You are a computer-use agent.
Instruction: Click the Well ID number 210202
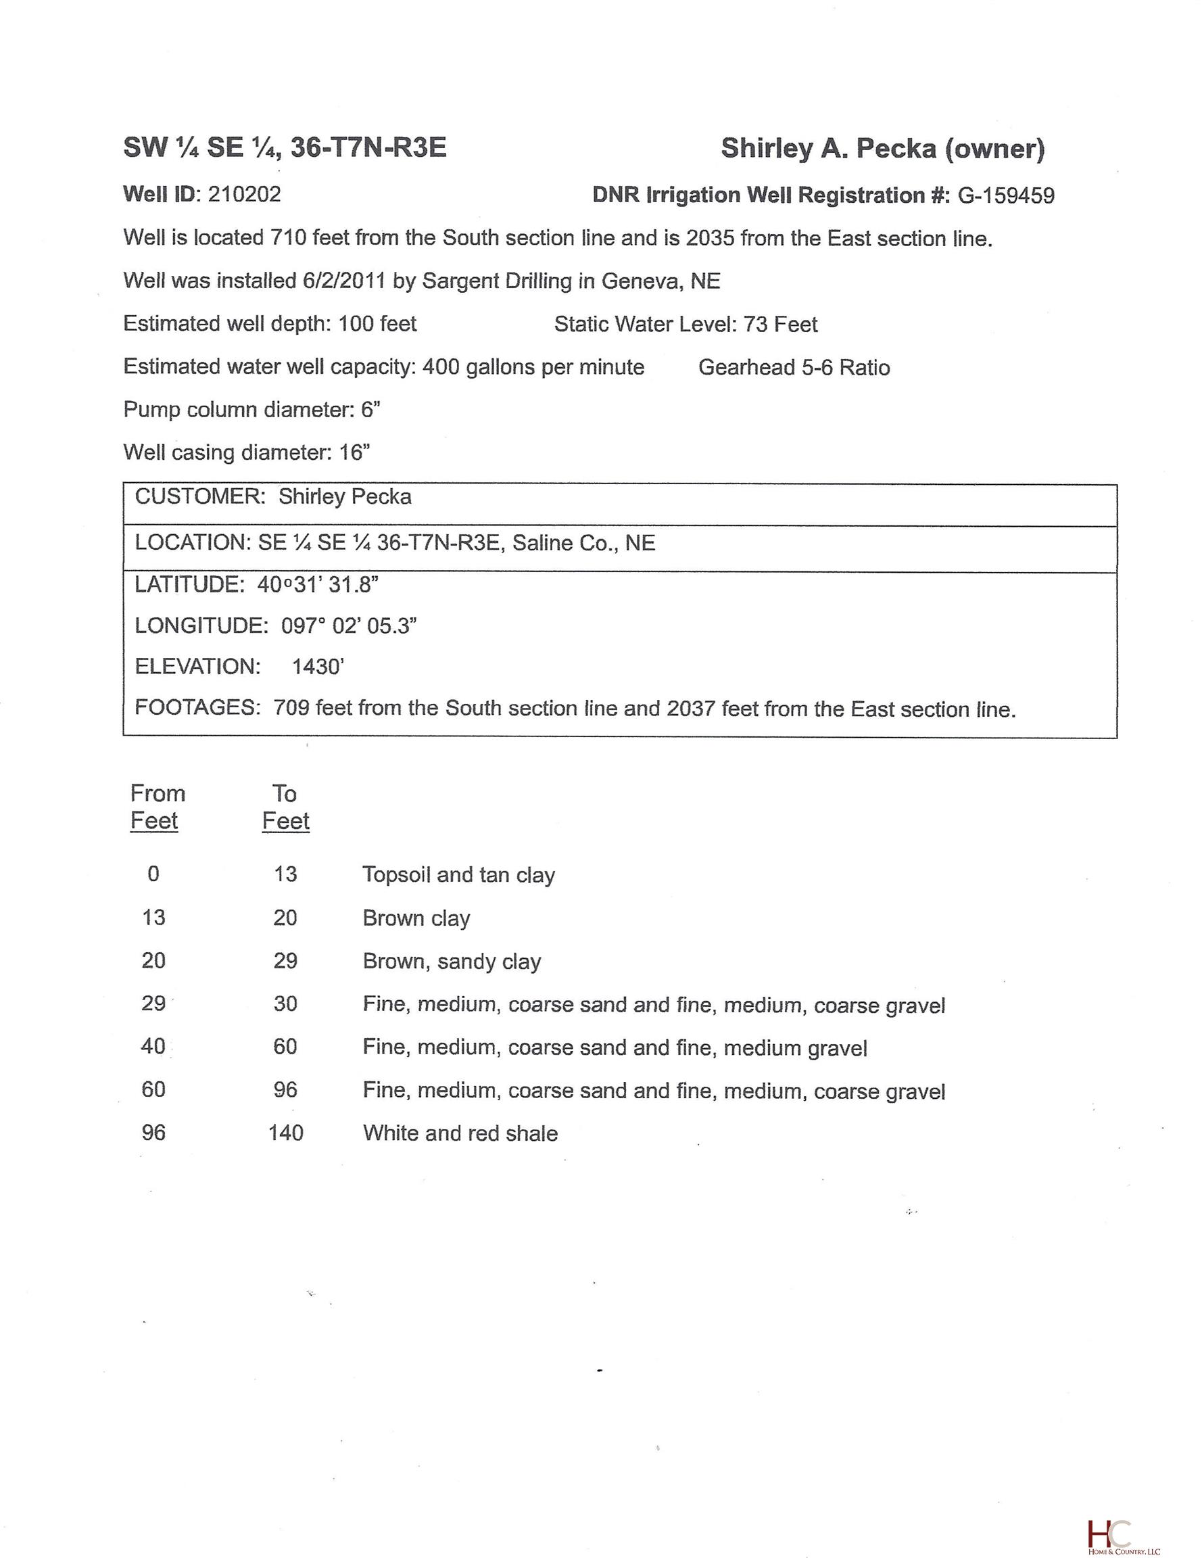point(244,194)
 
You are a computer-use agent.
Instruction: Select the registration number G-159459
point(1005,195)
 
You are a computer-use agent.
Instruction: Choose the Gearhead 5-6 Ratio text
point(793,367)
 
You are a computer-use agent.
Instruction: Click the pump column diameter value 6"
point(370,410)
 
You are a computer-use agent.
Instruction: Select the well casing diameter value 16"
point(354,452)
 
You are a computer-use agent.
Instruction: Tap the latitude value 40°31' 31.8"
point(318,585)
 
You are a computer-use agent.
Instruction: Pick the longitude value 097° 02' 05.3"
point(348,625)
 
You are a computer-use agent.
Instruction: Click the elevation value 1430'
point(318,666)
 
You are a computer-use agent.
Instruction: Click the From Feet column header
point(157,807)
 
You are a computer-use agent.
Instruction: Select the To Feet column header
point(285,807)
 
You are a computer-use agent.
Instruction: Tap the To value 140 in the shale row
point(285,1133)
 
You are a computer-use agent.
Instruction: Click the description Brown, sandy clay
point(452,961)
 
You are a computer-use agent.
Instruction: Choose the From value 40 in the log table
point(153,1047)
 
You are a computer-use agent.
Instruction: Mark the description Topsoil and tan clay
point(458,874)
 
